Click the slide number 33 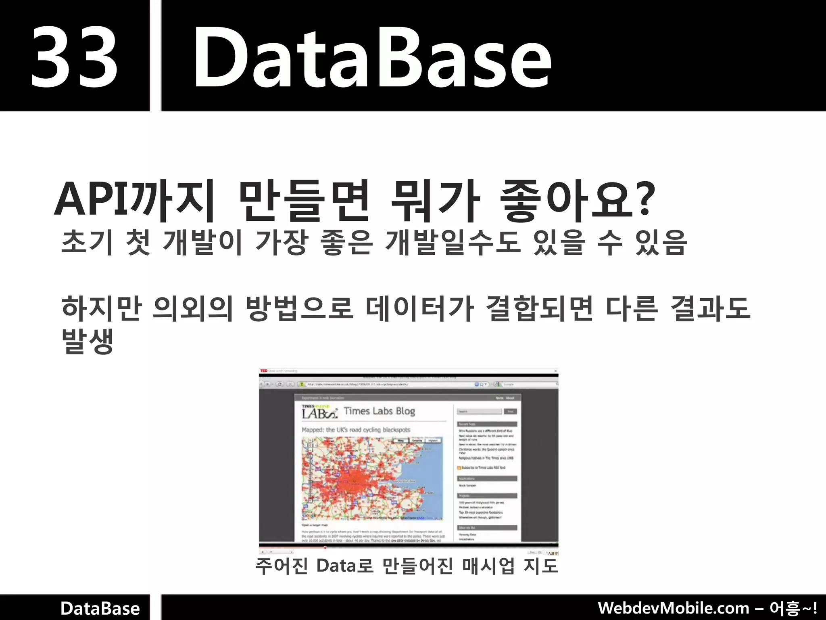tap(74, 57)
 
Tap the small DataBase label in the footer tap(100, 608)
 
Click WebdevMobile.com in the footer tap(673, 608)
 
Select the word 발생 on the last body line tap(87, 341)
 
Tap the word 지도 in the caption tap(540, 566)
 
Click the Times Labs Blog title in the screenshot tap(379, 411)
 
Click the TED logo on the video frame tap(264, 371)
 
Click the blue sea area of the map tap(432, 468)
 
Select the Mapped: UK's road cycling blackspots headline tap(356, 430)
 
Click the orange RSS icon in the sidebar tap(459, 468)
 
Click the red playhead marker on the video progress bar tap(325, 548)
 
